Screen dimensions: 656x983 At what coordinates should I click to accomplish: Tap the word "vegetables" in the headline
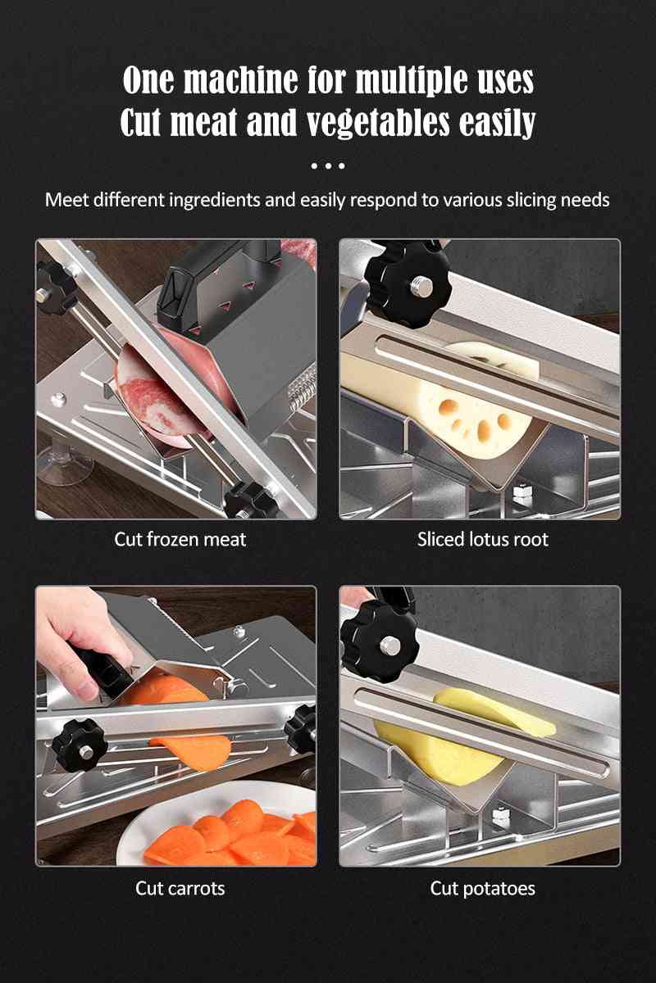tap(378, 122)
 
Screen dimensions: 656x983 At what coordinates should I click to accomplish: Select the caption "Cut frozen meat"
tap(180, 539)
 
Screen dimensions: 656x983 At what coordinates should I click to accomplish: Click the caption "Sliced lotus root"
tap(483, 539)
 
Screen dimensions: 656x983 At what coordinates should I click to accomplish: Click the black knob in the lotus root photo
tap(408, 283)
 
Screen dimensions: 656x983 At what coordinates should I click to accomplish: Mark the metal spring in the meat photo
tap(302, 387)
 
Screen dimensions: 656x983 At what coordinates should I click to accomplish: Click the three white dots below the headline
tap(328, 165)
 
